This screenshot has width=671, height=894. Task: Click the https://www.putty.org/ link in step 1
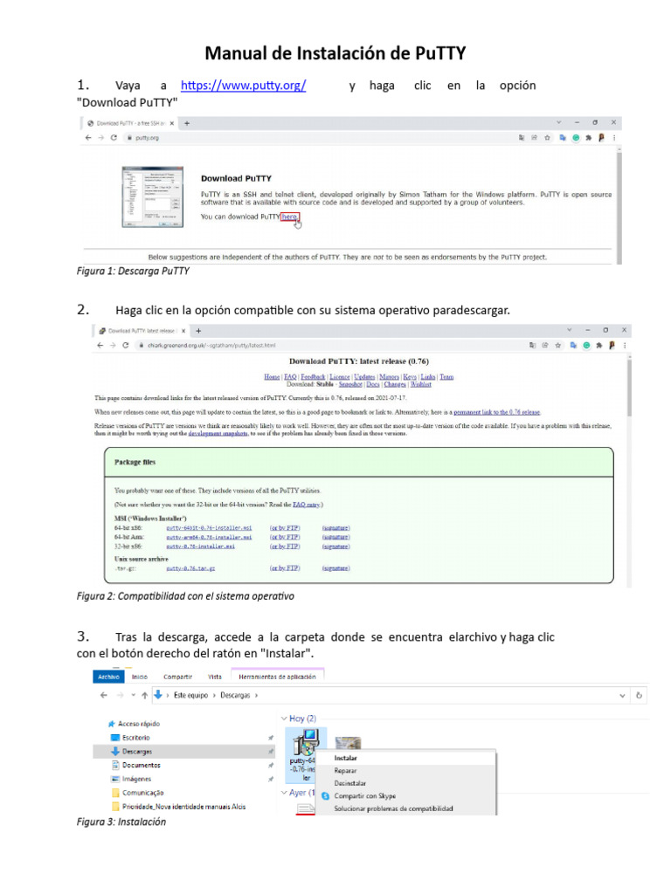[x=243, y=86]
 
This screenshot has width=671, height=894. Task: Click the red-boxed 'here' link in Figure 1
[x=289, y=216]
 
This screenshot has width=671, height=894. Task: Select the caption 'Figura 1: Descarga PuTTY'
[x=133, y=272]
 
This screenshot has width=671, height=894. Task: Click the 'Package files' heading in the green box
[x=135, y=462]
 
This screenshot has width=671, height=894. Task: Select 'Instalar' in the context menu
[x=345, y=758]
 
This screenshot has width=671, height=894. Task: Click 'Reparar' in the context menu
[x=346, y=771]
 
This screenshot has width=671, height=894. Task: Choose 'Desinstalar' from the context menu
[x=351, y=783]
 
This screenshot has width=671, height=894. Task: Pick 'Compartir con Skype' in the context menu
[x=365, y=796]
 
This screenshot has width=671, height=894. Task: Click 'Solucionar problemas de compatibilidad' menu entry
[x=393, y=808]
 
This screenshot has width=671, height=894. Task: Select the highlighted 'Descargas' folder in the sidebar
[x=136, y=751]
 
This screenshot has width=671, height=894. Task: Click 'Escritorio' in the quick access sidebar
[x=135, y=737]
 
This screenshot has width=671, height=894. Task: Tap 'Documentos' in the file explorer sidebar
[x=140, y=765]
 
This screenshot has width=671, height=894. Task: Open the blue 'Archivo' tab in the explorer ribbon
[x=109, y=677]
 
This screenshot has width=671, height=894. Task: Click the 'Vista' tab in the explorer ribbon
[x=214, y=677]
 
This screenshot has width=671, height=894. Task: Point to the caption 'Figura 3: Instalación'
[x=121, y=822]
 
